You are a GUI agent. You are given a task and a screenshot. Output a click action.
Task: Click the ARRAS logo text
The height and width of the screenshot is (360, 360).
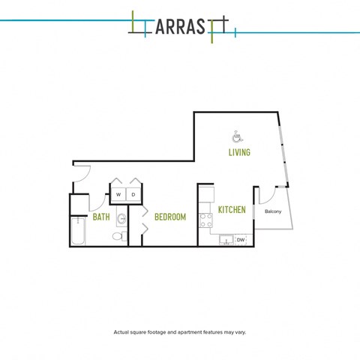180,27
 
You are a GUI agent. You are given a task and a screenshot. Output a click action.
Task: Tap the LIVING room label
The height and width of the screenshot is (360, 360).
239,152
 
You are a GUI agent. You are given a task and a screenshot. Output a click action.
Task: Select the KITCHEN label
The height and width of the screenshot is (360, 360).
232,210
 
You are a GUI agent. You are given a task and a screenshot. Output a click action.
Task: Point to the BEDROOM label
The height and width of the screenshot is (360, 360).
170,217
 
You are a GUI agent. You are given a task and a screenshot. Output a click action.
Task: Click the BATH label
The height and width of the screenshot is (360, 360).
101,217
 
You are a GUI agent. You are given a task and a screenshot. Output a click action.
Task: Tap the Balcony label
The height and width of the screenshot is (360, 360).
273,211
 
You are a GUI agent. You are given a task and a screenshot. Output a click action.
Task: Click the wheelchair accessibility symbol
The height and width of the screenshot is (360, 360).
237,136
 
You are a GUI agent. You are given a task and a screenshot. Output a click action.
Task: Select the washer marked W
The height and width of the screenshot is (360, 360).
118,194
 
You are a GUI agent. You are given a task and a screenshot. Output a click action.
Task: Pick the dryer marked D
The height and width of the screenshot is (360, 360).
133,194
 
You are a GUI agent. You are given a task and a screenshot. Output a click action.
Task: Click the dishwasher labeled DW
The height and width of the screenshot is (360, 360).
241,240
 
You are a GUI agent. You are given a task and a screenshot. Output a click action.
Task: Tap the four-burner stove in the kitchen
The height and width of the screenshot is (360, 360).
205,220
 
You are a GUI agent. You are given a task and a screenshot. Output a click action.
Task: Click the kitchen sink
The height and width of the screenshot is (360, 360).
226,240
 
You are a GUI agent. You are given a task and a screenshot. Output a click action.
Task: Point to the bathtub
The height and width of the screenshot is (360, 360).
78,231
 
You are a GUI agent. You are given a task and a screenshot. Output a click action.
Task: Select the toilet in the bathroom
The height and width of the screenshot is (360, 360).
119,236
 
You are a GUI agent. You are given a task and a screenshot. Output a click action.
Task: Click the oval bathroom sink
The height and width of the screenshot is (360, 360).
122,219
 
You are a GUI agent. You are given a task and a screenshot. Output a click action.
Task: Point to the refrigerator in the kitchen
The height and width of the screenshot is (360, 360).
206,194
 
